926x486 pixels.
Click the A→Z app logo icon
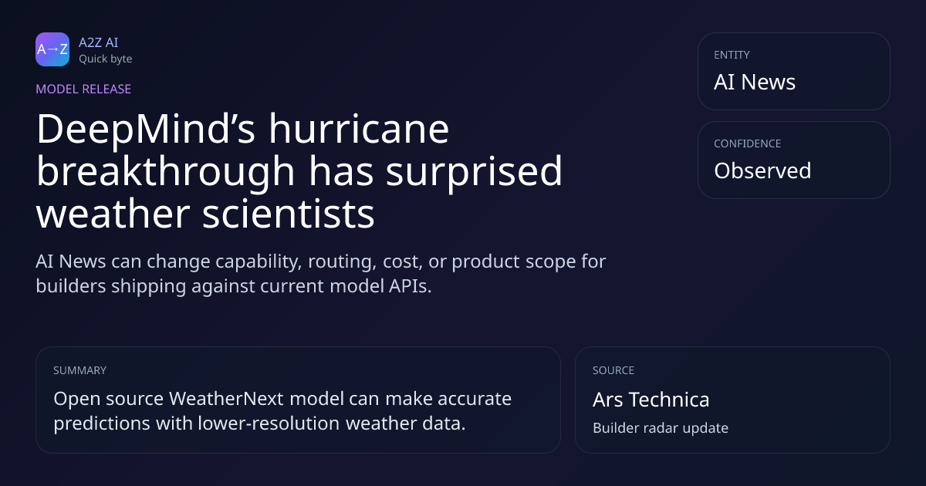52,49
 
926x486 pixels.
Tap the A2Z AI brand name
99,42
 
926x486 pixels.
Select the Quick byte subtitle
106,59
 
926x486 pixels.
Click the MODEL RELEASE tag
83,89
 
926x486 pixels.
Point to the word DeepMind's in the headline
146,130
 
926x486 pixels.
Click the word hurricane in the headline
359,130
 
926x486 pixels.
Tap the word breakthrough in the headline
165,172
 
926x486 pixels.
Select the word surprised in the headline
474,172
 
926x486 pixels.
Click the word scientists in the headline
288,214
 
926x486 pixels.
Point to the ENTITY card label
732,55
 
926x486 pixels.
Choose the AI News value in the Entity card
755,82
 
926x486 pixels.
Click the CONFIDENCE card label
748,143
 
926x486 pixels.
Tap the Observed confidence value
762,170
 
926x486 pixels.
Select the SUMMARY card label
79,370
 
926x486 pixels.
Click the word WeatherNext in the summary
226,399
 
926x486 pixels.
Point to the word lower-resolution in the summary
269,424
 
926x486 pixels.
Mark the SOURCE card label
613,370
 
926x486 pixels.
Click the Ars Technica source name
651,400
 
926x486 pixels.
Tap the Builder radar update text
661,427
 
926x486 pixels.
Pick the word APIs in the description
410,286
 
